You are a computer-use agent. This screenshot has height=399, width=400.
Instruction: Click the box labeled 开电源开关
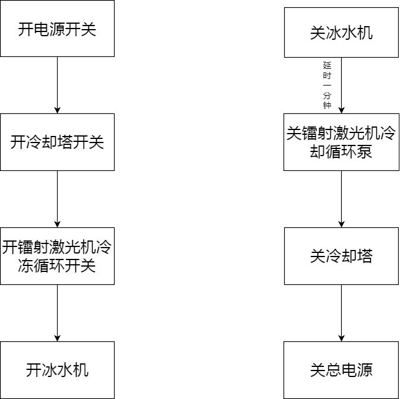(57, 28)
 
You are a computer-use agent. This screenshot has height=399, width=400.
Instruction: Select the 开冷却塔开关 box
(57, 142)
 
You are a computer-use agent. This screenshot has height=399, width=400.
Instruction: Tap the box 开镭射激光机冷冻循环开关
(57, 256)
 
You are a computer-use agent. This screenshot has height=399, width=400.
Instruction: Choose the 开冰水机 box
(57, 370)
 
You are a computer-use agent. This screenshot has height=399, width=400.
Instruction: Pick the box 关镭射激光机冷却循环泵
(341, 142)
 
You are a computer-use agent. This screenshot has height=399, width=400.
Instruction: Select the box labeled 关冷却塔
(341, 256)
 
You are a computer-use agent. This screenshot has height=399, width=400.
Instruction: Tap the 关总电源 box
(341, 370)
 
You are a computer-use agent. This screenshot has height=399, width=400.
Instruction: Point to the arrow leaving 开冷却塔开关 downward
(57, 199)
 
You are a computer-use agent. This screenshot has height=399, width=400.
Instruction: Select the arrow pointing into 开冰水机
(57, 313)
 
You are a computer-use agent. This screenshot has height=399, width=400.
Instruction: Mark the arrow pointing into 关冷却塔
(341, 199)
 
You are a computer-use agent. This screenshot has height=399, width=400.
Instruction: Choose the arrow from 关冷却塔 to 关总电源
(341, 313)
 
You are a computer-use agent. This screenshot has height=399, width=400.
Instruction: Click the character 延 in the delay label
(326, 64)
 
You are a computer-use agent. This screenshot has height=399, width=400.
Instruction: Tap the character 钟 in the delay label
(326, 105)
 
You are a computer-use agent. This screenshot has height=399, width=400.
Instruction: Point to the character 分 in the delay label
(326, 95)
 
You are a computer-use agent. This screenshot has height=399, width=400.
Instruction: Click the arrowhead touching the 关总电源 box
(341, 338)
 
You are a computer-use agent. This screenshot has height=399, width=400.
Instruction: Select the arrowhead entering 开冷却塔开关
(57, 110)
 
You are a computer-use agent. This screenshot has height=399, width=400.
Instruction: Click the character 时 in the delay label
(326, 75)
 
